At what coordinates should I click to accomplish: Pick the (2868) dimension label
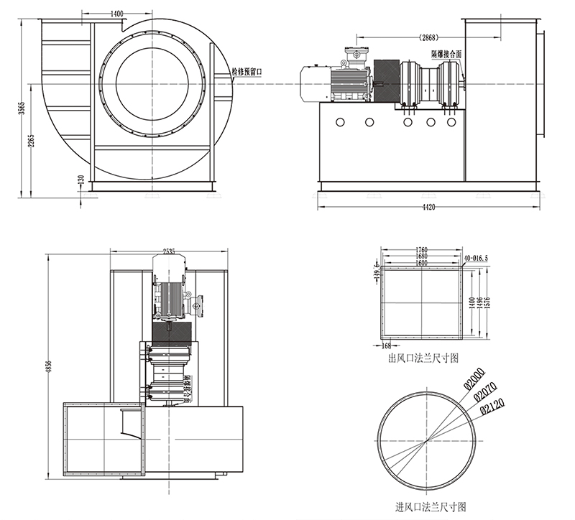point(431,37)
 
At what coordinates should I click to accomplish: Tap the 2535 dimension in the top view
point(170,252)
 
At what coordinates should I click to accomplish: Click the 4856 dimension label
point(49,366)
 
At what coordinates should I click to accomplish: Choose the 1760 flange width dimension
point(422,251)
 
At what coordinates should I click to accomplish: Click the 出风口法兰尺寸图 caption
point(423,357)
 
